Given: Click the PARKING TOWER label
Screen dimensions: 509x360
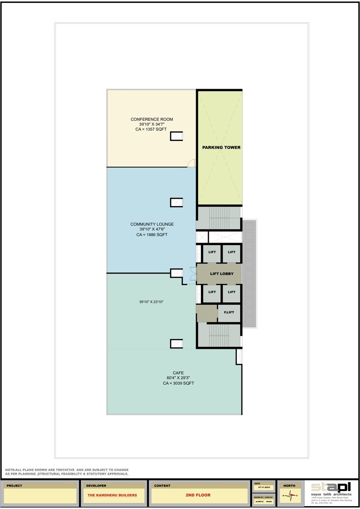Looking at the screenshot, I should (x=221, y=147).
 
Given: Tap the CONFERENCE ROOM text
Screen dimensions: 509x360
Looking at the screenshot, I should (x=152, y=119).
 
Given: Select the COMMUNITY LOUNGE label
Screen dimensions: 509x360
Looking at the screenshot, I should (x=152, y=224).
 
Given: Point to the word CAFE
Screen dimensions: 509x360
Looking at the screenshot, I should (x=178, y=373).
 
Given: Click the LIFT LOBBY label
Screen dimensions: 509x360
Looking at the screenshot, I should (x=222, y=273).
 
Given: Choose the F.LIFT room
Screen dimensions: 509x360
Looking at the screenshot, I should (x=229, y=313).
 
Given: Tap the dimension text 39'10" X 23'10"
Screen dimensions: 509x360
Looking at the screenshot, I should (x=152, y=301).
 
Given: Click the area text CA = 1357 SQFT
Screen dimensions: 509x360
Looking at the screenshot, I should (x=152, y=129).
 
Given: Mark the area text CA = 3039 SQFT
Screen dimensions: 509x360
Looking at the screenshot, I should (x=178, y=383).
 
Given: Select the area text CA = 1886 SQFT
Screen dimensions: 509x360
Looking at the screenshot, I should (x=152, y=235).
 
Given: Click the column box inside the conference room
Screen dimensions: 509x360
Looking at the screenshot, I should (x=177, y=136).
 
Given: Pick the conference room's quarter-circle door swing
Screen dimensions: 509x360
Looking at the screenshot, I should (x=191, y=163).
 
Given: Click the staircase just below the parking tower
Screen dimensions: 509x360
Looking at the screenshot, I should (x=219, y=218).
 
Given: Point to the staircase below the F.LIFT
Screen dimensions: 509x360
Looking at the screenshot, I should (x=219, y=336).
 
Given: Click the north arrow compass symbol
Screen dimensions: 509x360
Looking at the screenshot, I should (x=289, y=495).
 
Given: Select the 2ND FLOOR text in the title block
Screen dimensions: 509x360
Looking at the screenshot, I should (x=198, y=495).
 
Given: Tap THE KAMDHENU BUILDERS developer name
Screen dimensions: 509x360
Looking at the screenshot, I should (x=113, y=495).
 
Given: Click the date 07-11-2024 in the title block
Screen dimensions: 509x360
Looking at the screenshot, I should (x=264, y=487).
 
